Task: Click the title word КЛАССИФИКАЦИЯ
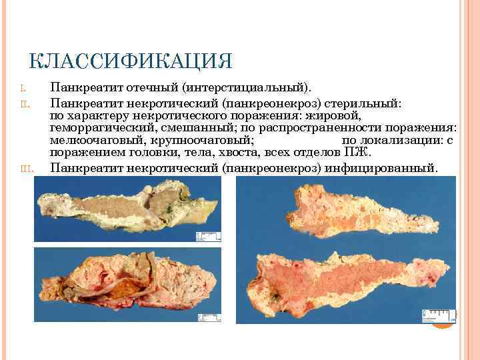(131, 61)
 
